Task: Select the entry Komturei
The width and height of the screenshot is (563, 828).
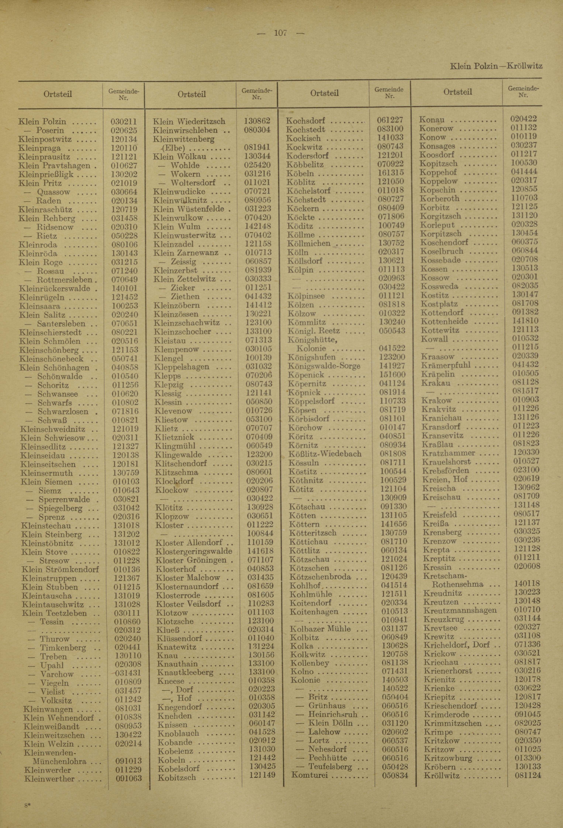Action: pos(309,775)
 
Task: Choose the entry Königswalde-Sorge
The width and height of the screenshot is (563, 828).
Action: pos(324,366)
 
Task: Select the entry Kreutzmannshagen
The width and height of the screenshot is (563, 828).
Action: pos(460,610)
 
